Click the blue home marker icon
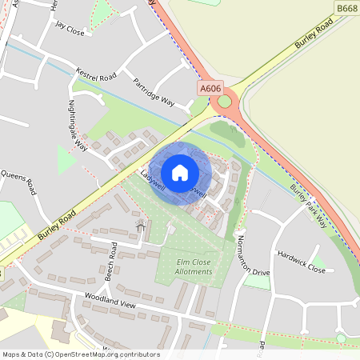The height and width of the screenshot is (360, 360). click(180, 173)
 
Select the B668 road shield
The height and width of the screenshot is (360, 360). click(346, 8)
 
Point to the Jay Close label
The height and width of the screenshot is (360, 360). click(70, 25)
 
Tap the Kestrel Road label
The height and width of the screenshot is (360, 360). click(95, 74)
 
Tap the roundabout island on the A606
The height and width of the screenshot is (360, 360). click(224, 101)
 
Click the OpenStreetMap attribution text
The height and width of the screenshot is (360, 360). click(81, 354)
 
